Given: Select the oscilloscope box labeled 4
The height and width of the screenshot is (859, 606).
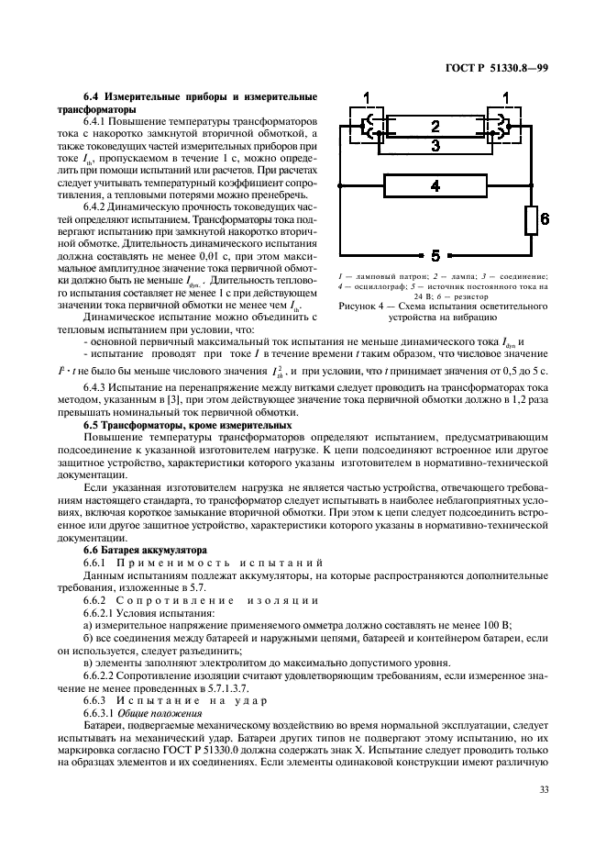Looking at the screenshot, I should tap(435, 185).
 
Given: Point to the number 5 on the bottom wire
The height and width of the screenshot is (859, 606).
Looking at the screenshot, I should tap(435, 255).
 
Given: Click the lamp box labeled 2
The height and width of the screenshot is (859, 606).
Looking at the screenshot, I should tap(435, 126).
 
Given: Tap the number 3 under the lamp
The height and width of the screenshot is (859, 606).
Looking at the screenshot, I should tap(435, 145).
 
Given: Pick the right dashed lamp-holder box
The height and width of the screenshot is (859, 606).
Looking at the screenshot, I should tap(504, 130).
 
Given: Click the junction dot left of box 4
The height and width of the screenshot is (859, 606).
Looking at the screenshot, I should tap(340, 186).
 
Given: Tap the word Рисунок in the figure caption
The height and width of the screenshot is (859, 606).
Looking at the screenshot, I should tap(359, 305).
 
